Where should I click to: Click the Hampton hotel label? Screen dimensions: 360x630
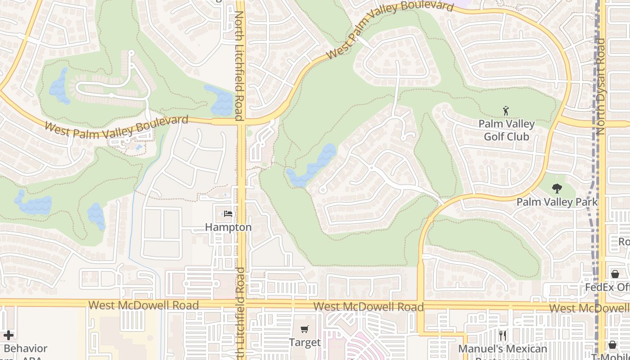pyautogui.click(x=228, y=227)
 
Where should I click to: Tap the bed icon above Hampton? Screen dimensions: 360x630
pyautogui.click(x=228, y=214)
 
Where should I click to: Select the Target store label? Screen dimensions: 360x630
pyautogui.click(x=305, y=342)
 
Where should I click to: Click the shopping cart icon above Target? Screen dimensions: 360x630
pyautogui.click(x=305, y=329)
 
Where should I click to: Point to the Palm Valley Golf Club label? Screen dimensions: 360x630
pyautogui.click(x=506, y=130)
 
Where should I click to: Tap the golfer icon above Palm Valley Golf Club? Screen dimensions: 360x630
pyautogui.click(x=506, y=110)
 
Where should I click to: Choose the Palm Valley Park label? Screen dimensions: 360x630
pyautogui.click(x=557, y=202)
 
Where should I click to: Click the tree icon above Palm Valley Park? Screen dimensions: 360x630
pyautogui.click(x=557, y=189)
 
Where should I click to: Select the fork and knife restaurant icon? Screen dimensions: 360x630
pyautogui.click(x=503, y=336)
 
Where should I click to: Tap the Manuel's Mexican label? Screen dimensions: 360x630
pyautogui.click(x=503, y=349)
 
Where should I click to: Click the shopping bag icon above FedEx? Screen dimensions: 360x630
pyautogui.click(x=615, y=274)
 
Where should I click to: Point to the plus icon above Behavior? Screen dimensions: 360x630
pyautogui.click(x=8, y=335)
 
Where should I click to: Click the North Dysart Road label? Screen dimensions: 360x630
pyautogui.click(x=600, y=86)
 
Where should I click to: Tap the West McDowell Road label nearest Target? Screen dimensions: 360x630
pyautogui.click(x=368, y=307)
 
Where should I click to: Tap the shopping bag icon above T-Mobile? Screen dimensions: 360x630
pyautogui.click(x=612, y=345)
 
